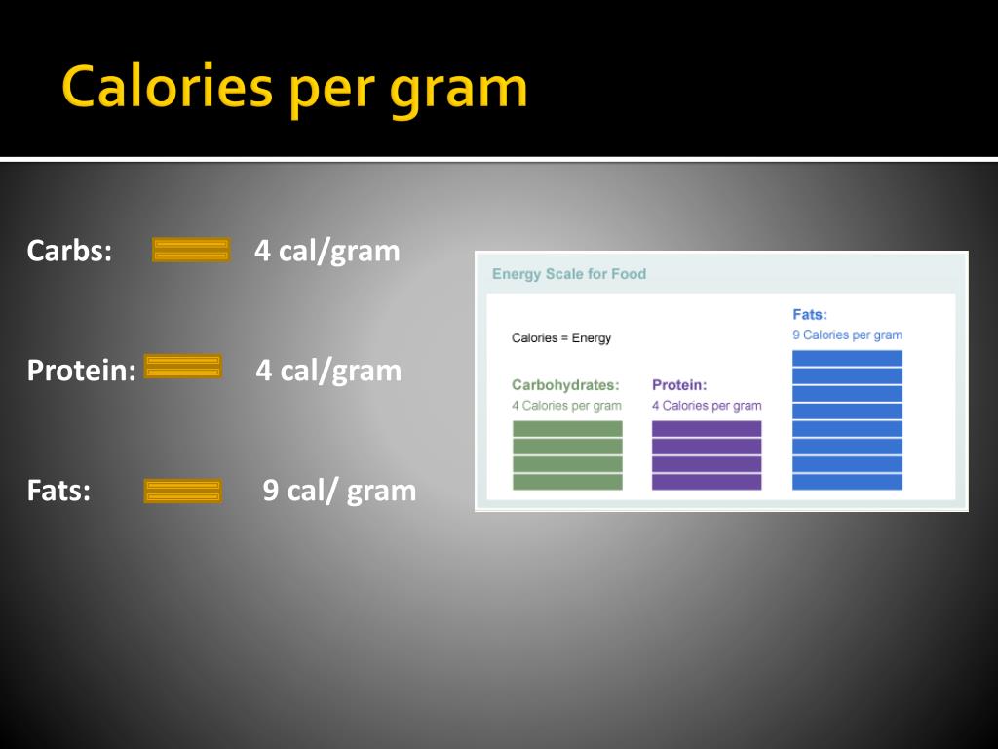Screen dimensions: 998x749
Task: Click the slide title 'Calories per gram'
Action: click(294, 89)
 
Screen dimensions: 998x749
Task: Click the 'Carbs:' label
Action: click(69, 251)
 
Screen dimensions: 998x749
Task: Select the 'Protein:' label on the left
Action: click(82, 370)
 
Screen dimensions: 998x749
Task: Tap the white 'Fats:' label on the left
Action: click(58, 491)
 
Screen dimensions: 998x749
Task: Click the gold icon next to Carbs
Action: click(191, 250)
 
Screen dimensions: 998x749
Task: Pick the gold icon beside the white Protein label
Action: click(183, 367)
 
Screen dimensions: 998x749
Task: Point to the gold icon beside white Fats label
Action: click(183, 492)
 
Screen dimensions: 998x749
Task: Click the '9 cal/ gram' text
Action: click(339, 492)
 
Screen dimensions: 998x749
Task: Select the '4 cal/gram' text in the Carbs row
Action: click(327, 251)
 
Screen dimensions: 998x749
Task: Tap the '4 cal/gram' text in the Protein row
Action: click(328, 371)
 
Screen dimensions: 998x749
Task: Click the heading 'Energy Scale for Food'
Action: click(569, 274)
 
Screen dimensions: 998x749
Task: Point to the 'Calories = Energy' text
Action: click(561, 338)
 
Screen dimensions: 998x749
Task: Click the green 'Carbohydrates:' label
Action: click(565, 384)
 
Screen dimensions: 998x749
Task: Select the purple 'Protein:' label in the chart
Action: click(679, 384)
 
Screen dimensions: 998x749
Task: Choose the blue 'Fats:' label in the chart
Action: click(810, 314)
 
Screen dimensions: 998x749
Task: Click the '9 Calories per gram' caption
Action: click(847, 335)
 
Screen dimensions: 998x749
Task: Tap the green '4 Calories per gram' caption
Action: click(566, 406)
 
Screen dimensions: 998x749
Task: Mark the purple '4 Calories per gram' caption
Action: click(707, 406)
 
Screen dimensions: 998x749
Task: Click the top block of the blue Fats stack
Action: click(847, 358)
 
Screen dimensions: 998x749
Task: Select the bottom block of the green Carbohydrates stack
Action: click(568, 482)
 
